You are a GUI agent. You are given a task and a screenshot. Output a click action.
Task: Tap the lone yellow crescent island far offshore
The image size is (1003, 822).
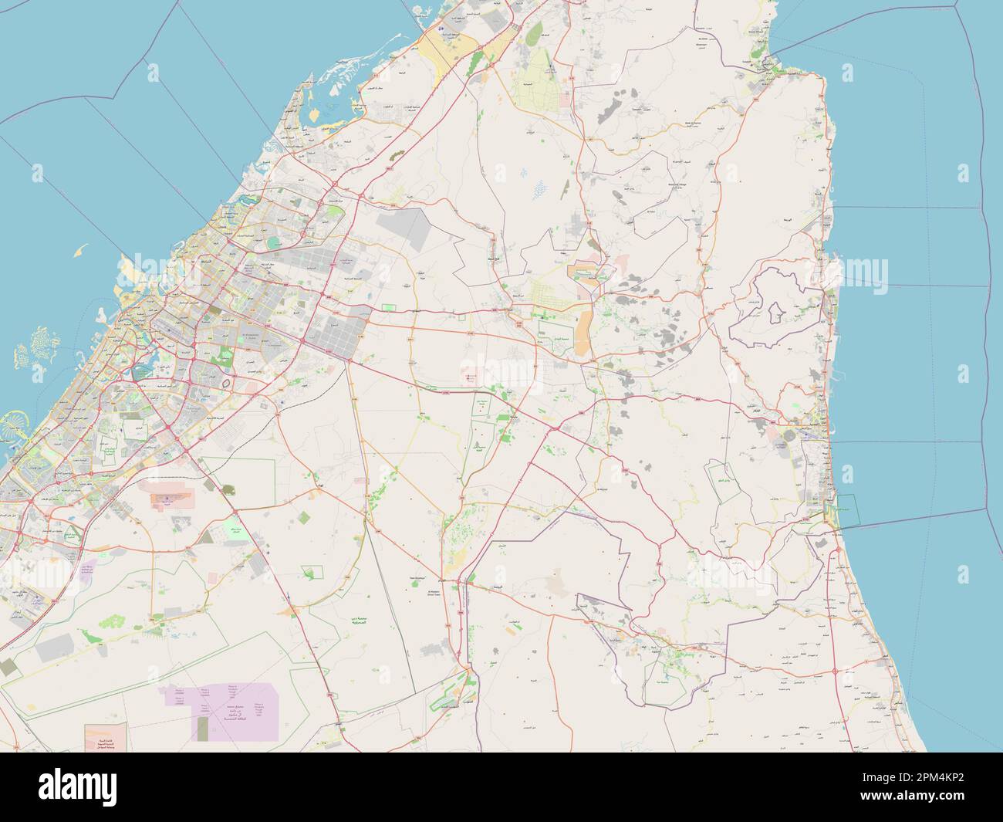(81, 250)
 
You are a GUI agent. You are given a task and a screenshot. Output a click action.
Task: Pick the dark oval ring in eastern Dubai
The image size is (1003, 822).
(226, 381)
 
